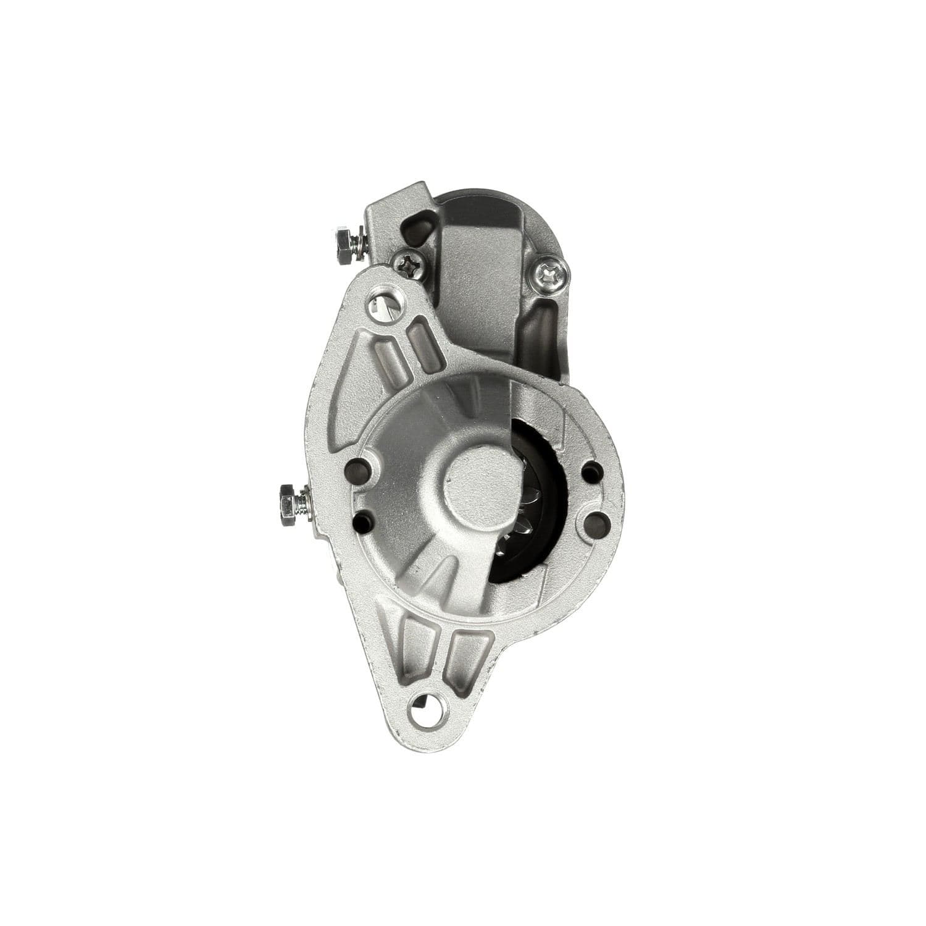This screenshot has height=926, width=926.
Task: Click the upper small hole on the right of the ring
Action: pos(591,471)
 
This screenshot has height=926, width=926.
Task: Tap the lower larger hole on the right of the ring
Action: pos(594,524)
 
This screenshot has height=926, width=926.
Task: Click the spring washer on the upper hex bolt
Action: pos(359,244)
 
